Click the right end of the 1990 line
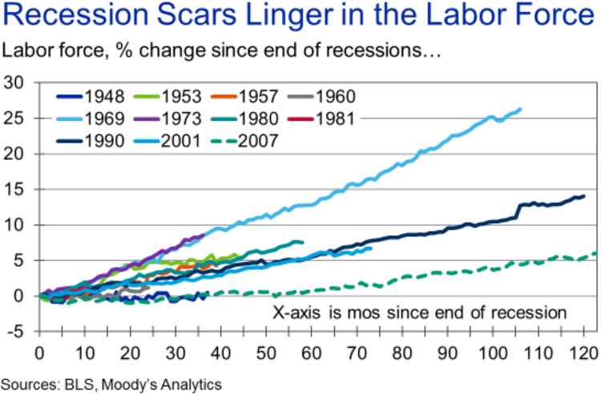coord(583,196)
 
